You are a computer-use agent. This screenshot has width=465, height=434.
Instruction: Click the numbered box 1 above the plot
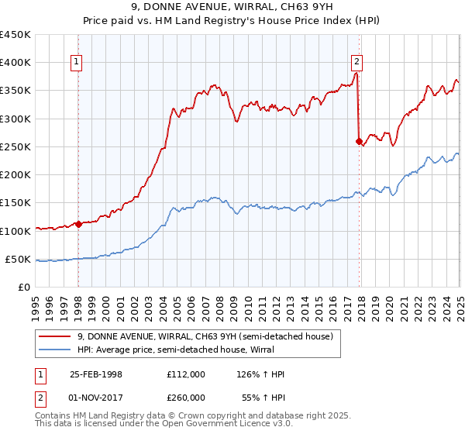pos(78,64)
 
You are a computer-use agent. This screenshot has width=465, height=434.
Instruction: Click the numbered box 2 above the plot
pos(356,64)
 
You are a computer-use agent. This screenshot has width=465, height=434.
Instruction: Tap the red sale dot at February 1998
pos(78,225)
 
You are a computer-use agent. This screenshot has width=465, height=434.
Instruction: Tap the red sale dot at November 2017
pos(359,141)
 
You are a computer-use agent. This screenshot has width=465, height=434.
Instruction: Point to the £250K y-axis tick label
pos(15,146)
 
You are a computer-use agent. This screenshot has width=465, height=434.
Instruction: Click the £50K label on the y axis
pos(19,259)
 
